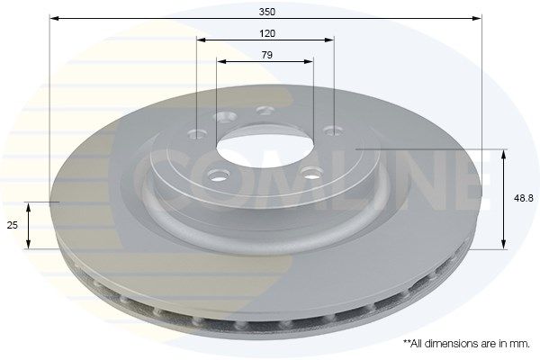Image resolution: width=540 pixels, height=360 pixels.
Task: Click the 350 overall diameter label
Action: tap(267, 12)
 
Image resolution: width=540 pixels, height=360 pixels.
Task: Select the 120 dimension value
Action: tap(267, 33)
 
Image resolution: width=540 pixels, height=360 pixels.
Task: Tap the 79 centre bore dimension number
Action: tap(267, 55)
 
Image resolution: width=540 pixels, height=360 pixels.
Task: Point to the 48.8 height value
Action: tap(523, 198)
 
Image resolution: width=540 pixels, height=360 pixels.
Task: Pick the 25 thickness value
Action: tap(13, 225)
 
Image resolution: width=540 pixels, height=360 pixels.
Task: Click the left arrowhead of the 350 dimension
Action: tap(55, 18)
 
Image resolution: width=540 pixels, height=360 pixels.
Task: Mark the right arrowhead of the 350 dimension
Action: tap(476, 18)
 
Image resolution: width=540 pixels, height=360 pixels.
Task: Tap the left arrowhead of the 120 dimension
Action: tap(202, 40)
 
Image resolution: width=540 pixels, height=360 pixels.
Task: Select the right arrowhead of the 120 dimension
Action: tap(328, 40)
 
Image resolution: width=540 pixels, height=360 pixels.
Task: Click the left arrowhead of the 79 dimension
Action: tap(221, 62)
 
